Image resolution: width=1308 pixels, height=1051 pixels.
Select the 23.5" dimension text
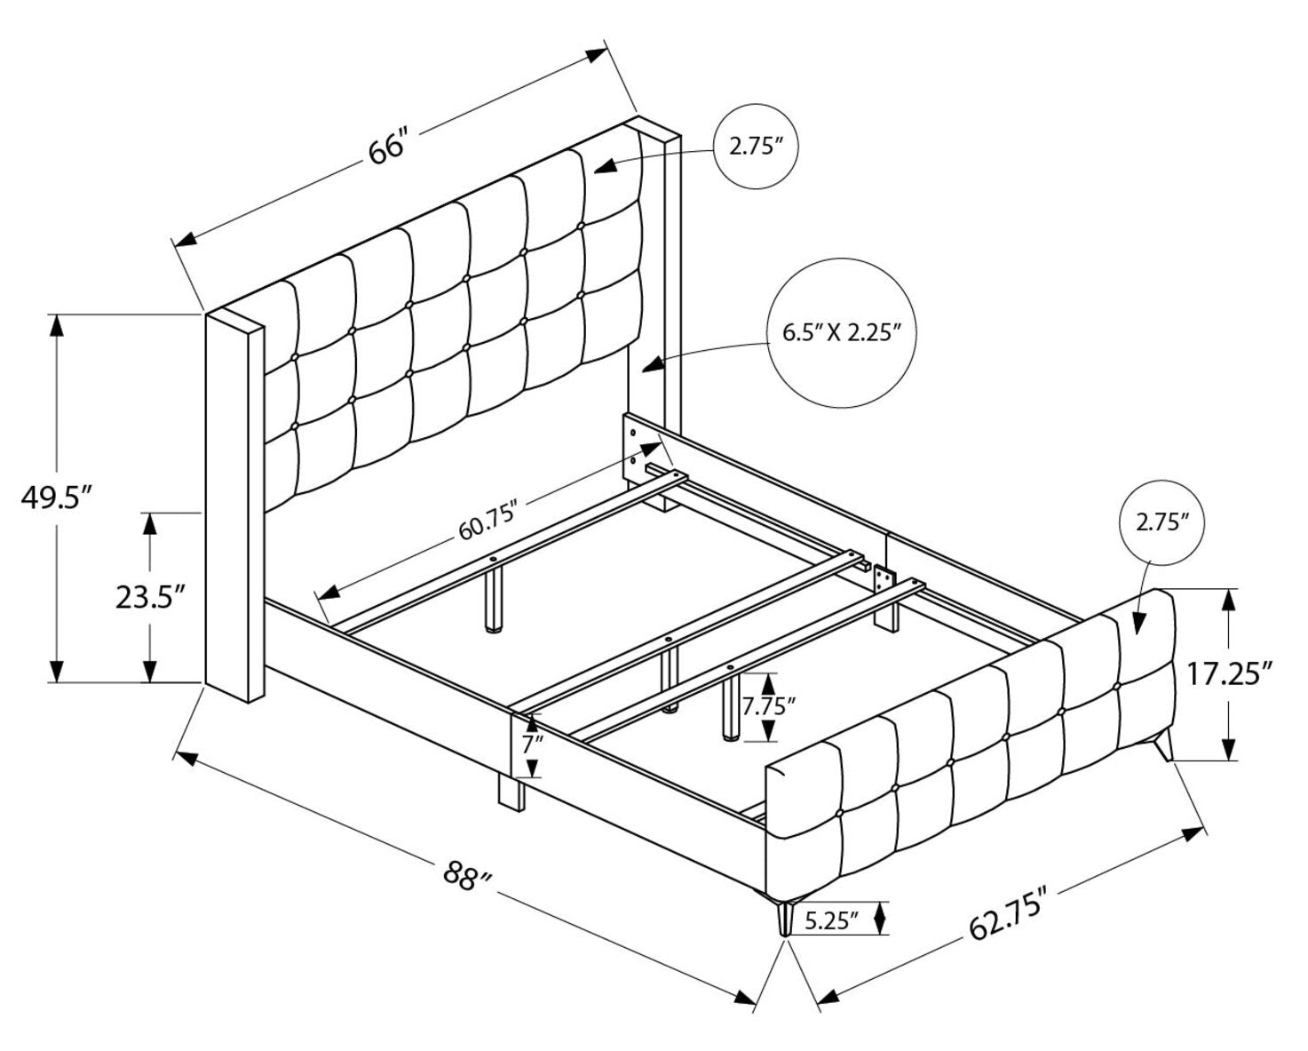coord(149,597)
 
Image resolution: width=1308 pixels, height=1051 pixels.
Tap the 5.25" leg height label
coord(832,920)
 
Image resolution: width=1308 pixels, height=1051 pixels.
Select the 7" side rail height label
coord(531,744)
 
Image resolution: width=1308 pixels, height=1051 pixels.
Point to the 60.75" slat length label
coord(488,531)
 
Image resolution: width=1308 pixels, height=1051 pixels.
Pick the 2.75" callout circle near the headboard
coord(757,147)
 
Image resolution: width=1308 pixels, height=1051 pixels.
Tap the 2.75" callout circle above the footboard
coord(1161,522)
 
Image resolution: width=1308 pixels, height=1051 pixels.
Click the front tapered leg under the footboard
coord(783,916)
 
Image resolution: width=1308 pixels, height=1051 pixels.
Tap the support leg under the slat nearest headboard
coord(492,600)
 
